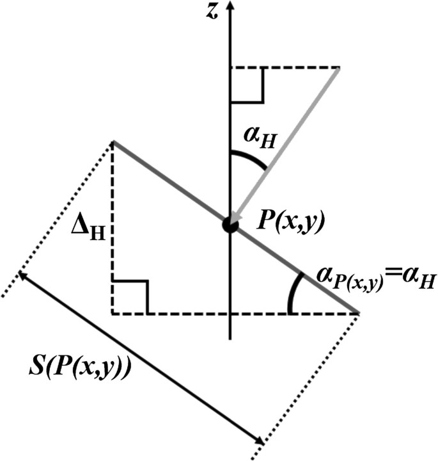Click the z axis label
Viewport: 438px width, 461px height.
(x=208, y=11)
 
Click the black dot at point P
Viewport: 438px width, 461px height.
(x=230, y=225)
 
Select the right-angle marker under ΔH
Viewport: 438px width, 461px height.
(x=130, y=296)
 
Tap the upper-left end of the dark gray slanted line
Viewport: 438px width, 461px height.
(x=114, y=142)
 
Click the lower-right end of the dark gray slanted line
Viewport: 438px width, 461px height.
(x=358, y=312)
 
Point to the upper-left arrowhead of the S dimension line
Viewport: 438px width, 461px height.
(x=22, y=276)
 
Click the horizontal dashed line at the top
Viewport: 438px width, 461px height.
(x=285, y=67)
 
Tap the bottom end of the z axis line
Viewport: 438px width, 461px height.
(x=230, y=338)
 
